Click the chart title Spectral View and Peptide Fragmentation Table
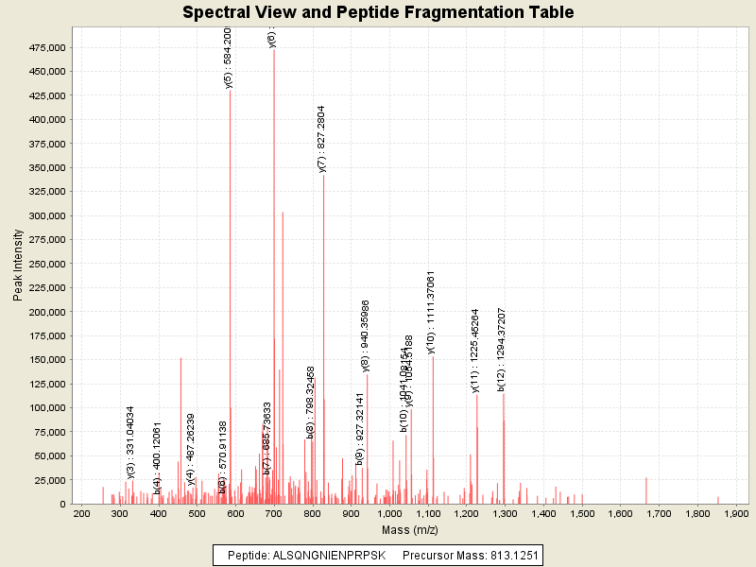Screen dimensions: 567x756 (x=378, y=12)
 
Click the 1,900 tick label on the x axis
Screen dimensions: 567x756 (x=736, y=513)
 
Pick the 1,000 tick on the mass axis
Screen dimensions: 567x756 (x=389, y=513)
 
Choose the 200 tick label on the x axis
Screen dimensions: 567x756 (x=81, y=513)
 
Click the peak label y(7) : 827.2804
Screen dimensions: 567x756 (x=322, y=139)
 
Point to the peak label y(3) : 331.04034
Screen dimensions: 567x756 (x=130, y=441)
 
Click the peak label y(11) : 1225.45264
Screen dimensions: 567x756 (x=475, y=350)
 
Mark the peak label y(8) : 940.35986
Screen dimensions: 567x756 (x=366, y=335)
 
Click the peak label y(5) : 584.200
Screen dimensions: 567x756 (x=228, y=58)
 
